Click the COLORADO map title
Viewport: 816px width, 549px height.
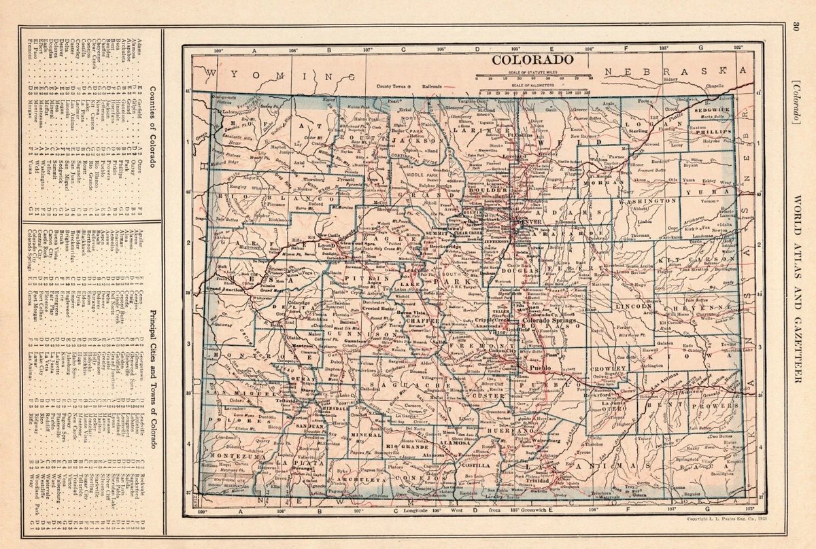coord(532,59)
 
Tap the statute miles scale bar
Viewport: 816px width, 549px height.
coord(532,79)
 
